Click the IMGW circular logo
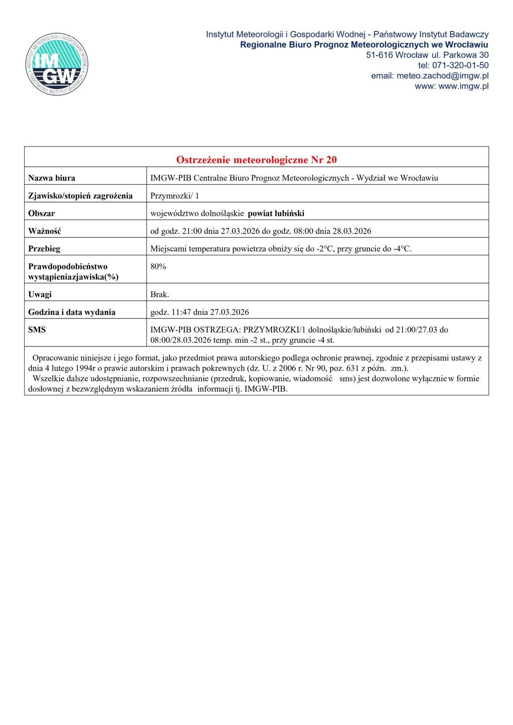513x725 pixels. coord(57,65)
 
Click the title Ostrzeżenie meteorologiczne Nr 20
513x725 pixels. coord(256,160)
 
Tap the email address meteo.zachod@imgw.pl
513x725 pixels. coord(442,76)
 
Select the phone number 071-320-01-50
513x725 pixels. coord(460,65)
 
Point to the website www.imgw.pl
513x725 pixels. coord(463,86)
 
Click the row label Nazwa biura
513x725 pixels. coord(52,178)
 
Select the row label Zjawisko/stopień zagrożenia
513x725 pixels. coord(80,196)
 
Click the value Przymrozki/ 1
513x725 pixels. coord(174,196)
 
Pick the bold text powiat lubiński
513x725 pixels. coord(276,213)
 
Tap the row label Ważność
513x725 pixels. coord(44,231)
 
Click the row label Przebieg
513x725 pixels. coord(44,248)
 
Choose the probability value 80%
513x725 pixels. coord(158,266)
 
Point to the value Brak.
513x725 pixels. coord(159,294)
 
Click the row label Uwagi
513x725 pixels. coord(40,294)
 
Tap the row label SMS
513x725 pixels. coord(37,330)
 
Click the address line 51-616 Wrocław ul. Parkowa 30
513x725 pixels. coord(427,55)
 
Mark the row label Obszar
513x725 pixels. coord(41,213)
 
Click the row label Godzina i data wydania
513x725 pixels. coord(72,312)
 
